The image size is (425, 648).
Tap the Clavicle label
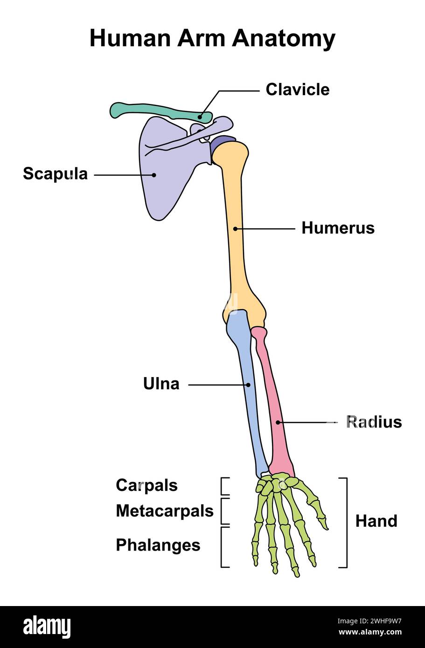(297, 90)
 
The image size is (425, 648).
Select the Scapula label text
(55, 174)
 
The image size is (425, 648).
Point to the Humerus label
(338, 228)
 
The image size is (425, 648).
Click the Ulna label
(161, 384)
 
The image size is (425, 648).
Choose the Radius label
(374, 422)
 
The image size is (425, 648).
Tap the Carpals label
(146, 485)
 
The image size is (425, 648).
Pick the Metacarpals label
(164, 511)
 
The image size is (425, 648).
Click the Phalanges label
(158, 545)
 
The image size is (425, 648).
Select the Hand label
(376, 521)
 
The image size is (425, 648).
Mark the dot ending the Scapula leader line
(154, 175)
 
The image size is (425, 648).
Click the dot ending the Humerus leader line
(236, 229)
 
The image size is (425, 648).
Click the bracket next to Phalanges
(223, 547)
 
